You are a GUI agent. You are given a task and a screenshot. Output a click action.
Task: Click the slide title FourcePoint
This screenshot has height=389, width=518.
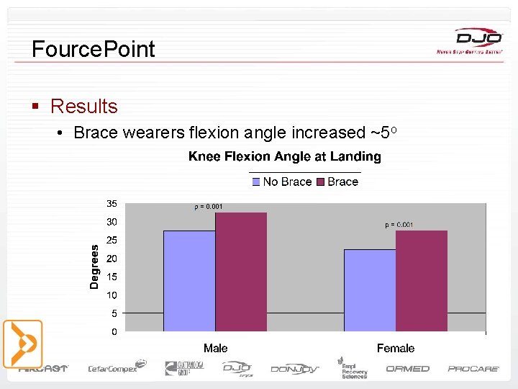click(94, 49)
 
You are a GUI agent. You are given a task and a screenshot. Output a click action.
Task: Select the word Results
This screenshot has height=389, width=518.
click(83, 107)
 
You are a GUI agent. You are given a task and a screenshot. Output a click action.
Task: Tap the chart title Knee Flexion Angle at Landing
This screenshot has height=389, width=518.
click(285, 156)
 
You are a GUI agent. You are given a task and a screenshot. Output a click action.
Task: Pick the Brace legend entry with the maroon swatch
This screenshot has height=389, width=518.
click(337, 182)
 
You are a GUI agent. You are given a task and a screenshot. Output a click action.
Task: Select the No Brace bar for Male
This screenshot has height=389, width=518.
click(189, 281)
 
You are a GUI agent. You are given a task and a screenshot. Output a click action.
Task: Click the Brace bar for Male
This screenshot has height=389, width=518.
click(241, 272)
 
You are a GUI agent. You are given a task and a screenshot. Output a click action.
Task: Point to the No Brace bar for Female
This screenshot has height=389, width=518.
click(370, 290)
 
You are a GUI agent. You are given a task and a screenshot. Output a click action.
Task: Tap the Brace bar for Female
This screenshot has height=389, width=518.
click(422, 281)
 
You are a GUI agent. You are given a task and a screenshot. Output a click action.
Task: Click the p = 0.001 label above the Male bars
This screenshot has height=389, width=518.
click(209, 207)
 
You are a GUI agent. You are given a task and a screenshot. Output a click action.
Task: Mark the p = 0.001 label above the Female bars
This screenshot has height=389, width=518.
click(399, 225)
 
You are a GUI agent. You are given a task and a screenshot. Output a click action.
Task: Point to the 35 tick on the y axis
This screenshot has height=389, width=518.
click(112, 203)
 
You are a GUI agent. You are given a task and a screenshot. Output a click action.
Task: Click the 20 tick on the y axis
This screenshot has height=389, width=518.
click(112, 258)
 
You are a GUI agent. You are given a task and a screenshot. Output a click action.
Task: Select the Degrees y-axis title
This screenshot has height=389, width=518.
click(94, 267)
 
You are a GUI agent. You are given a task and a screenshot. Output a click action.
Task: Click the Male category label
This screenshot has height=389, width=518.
click(215, 348)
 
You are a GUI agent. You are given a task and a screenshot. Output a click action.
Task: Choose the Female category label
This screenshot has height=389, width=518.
click(396, 348)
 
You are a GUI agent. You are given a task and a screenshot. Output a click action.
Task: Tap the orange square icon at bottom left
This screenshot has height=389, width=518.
click(23, 344)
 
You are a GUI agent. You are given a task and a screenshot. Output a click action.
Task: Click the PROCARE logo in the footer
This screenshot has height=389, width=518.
click(473, 369)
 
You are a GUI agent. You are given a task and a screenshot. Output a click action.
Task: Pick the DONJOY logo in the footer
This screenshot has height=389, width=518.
click(295, 369)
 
